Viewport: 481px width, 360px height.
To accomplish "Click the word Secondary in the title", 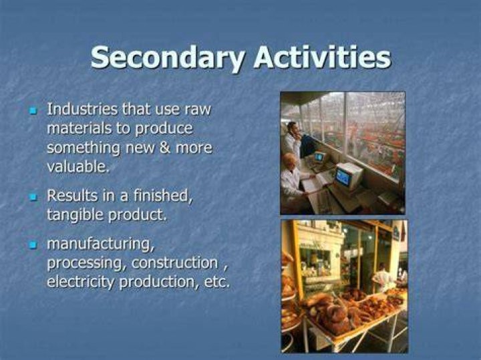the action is point(168,58).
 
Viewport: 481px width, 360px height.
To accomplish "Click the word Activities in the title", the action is point(323,57).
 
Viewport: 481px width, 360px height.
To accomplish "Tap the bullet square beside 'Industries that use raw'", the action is point(33,110).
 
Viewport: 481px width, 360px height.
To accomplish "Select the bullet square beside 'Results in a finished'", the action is point(33,196).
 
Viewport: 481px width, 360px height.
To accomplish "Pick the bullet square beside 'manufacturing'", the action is point(33,245).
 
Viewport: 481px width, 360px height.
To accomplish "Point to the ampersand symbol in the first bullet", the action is point(165,148).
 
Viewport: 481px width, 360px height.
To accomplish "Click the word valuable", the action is point(78,166).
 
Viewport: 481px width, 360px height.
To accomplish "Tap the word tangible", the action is point(75,215).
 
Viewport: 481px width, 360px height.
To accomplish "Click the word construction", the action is point(175,263).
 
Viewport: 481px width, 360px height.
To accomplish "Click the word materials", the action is point(79,128).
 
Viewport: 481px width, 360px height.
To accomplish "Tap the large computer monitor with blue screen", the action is point(348,176).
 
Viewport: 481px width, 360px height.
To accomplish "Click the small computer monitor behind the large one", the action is point(319,158).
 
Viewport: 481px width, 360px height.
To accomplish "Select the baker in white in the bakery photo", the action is point(382,277).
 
